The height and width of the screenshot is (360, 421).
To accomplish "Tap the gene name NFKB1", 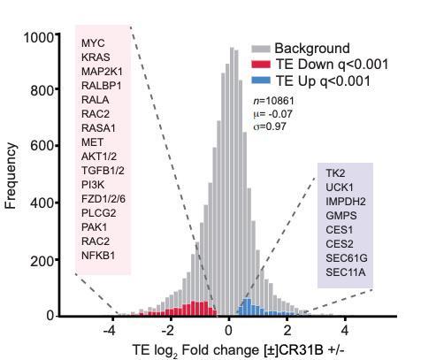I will (x=98, y=256).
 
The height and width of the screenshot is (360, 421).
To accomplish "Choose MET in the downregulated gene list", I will (x=91, y=142).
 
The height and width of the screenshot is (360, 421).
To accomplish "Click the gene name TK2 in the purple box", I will (x=336, y=172).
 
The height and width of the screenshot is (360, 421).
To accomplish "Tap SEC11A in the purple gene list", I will (x=345, y=272).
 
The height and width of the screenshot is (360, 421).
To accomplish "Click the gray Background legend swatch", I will (x=261, y=49).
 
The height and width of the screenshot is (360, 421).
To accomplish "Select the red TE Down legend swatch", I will (x=261, y=65).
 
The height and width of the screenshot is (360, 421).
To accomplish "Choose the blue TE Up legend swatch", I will (x=261, y=81).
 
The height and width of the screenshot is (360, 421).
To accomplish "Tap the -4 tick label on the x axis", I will (x=109, y=330).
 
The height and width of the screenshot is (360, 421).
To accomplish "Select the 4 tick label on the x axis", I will (x=345, y=330).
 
